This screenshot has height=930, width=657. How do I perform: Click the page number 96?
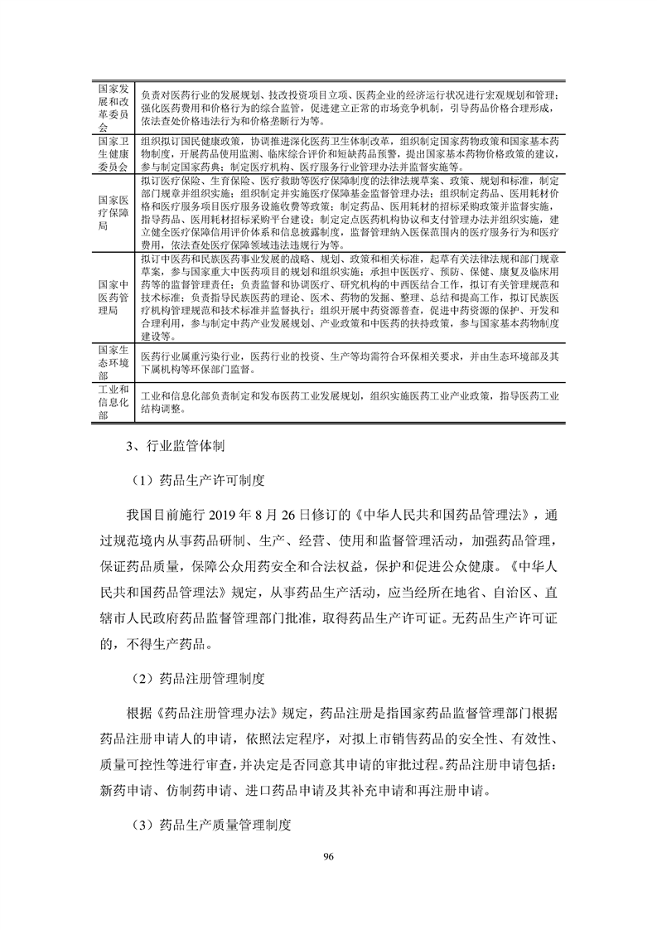(328, 858)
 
